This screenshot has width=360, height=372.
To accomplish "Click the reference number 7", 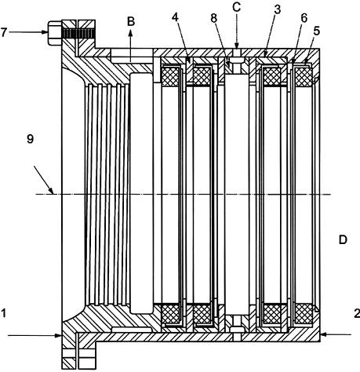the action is (3, 32).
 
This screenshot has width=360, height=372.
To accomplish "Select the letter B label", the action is (131, 21).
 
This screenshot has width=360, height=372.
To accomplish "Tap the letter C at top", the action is (236, 7).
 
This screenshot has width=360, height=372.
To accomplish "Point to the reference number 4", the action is (175, 17).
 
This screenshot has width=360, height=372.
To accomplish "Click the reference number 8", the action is (214, 18).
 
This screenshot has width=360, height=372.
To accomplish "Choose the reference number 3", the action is (277, 9).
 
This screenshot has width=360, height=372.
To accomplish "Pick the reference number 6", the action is (304, 18).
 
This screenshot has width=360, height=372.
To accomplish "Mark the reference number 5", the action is (317, 31).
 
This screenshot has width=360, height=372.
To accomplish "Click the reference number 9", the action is (31, 139).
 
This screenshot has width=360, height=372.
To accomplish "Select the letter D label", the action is (343, 239).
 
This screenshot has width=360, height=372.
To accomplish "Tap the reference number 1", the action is (3, 313).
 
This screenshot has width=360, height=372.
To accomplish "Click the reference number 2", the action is (357, 313).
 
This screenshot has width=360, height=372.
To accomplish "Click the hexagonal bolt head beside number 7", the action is (55, 33).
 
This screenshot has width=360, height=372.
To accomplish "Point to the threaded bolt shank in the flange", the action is (78, 33).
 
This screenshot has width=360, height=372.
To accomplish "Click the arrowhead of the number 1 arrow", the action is (59, 336).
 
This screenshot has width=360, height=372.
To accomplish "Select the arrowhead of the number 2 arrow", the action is (323, 334).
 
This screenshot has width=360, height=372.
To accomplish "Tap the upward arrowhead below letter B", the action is (131, 32).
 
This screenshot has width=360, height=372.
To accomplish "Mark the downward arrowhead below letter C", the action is (236, 45).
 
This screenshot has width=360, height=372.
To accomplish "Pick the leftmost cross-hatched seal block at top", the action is (170, 76).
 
